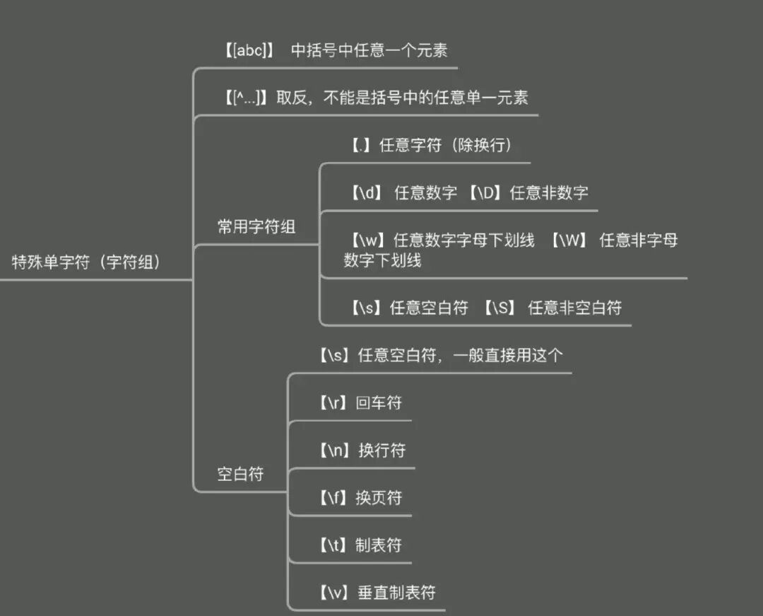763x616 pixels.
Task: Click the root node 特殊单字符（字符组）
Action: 86,262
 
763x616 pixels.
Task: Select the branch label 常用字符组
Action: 256,227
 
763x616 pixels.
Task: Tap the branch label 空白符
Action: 240,474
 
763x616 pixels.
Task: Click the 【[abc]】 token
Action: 248,51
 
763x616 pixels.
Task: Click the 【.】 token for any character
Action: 361,146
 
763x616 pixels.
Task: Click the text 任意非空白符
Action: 574,308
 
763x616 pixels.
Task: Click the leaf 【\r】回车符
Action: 359,403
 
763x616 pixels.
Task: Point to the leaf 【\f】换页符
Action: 359,498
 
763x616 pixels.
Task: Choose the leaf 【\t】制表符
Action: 359,545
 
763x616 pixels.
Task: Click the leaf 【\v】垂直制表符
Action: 375,593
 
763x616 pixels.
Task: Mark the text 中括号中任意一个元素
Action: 369,51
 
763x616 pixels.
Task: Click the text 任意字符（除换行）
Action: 445,146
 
